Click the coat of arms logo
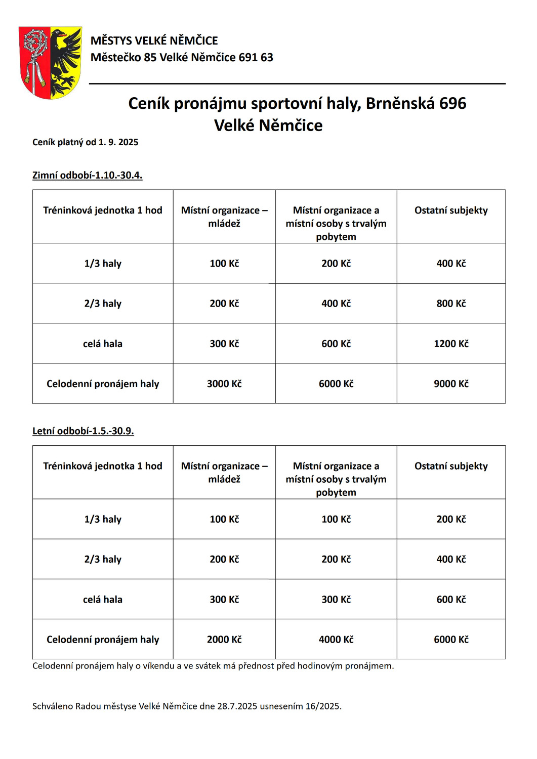[x=50, y=62]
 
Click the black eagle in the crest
[x=65, y=60]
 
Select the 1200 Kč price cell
[x=451, y=344]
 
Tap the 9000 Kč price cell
[x=451, y=384]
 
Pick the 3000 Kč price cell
[x=224, y=384]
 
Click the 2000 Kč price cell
[x=224, y=640]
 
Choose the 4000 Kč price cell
[x=336, y=640]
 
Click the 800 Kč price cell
[x=451, y=304]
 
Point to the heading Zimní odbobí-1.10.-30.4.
[x=87, y=175]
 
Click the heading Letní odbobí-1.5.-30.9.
[x=83, y=431]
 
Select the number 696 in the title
[x=452, y=103]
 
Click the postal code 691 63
[x=256, y=57]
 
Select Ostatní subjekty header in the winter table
[x=451, y=210]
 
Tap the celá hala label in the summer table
[x=103, y=600]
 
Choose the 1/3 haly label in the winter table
[x=103, y=264]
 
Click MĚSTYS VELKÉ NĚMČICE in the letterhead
[x=154, y=40]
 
